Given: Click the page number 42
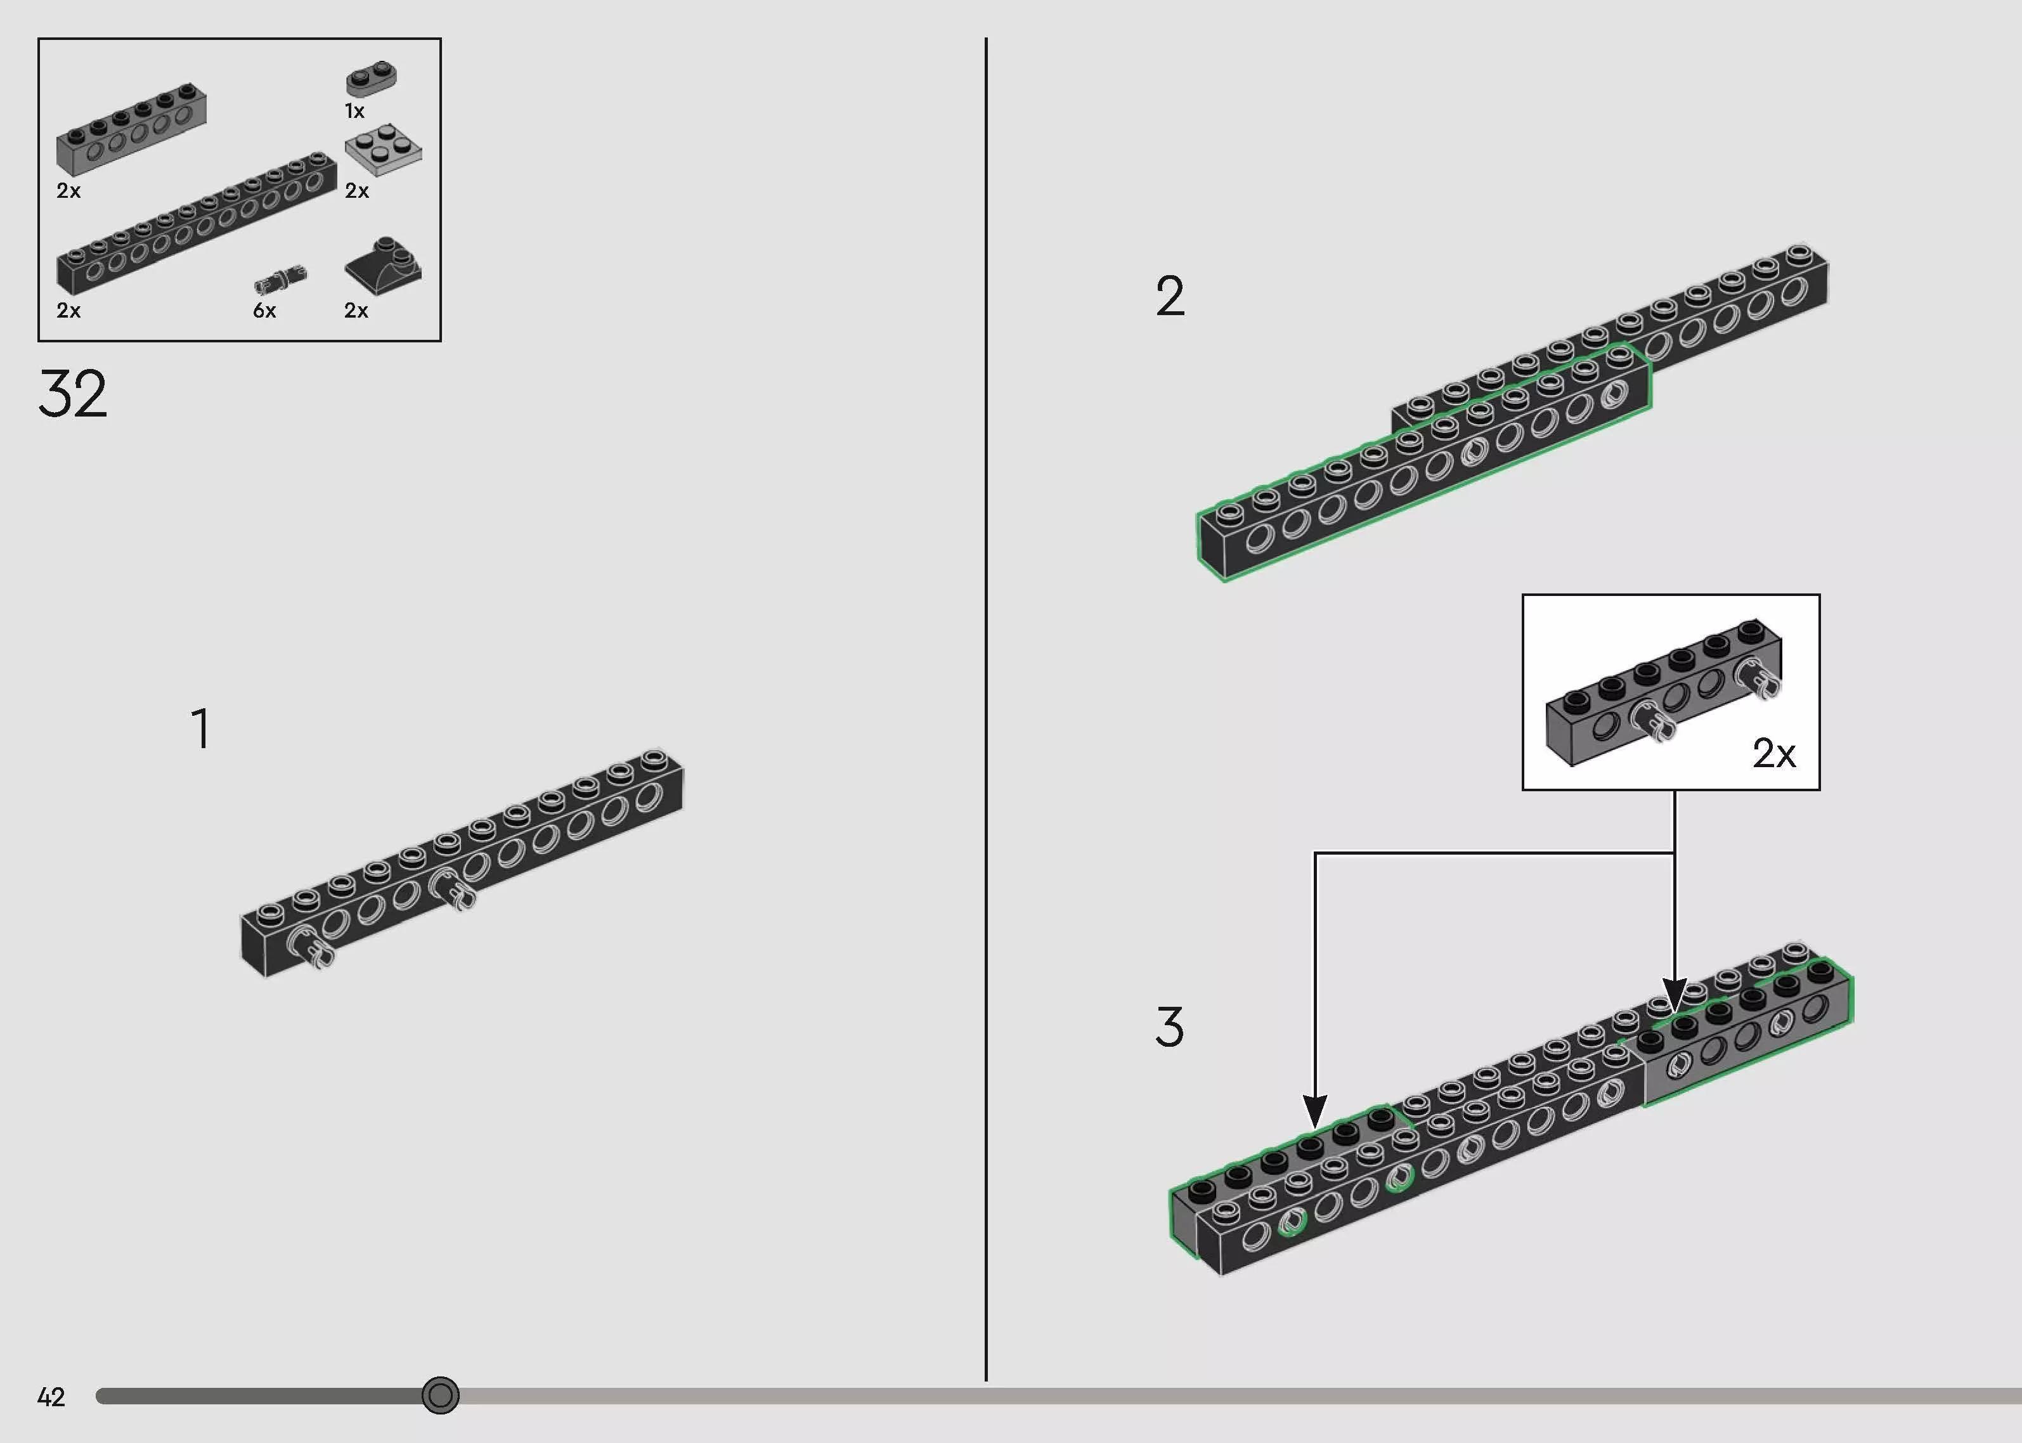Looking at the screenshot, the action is click(51, 1397).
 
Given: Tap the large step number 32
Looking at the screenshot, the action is click(73, 394).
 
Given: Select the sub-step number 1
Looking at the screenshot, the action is click(202, 728).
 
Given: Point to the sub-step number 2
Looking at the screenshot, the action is click(1169, 296).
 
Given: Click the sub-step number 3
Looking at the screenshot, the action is click(1169, 1027).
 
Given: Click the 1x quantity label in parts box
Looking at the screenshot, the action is click(354, 111).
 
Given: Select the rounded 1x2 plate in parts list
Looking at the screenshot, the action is click(372, 78).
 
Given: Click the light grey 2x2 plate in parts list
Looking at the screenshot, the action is click(383, 148).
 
